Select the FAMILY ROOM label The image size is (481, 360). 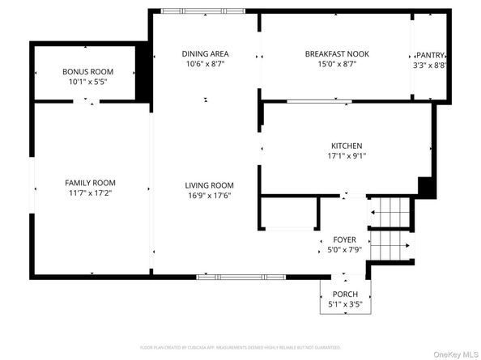[x=91, y=183]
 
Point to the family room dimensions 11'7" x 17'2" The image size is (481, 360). [x=91, y=194]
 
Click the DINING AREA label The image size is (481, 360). [x=204, y=54]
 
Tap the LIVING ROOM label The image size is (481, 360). [x=209, y=185]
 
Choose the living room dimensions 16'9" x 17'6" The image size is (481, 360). [x=209, y=196]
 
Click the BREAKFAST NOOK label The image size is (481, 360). [x=337, y=54]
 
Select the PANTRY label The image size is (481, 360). [x=431, y=55]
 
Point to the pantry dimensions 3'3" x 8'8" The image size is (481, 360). [x=431, y=66]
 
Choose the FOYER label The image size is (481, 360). [x=345, y=240]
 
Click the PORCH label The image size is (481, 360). [x=345, y=294]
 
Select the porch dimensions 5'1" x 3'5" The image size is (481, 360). [x=345, y=305]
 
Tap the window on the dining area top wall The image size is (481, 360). [x=192, y=11]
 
